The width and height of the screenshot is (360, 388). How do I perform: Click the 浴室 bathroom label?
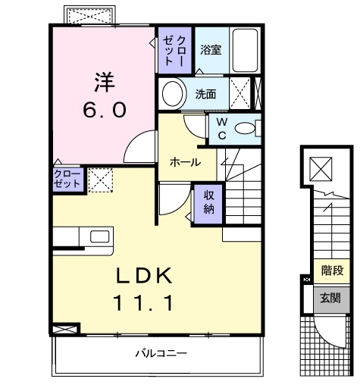(x=211, y=50)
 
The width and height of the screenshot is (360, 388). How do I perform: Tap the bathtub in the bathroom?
(x=245, y=51)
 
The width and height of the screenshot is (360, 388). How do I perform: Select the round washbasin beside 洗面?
(x=173, y=94)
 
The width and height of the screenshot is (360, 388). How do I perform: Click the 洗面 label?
(x=205, y=94)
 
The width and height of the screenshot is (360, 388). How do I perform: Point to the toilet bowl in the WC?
(x=245, y=128)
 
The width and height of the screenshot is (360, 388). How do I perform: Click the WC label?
(x=222, y=129)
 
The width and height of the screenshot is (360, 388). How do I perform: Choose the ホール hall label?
(x=185, y=162)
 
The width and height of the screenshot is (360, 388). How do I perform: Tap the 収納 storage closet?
(x=208, y=204)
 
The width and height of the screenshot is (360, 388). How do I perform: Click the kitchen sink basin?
(x=100, y=236)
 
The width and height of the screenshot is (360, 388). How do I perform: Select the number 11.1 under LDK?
(x=143, y=303)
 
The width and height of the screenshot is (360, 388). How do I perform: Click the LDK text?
(x=144, y=275)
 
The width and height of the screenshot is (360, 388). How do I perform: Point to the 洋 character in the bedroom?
(x=105, y=82)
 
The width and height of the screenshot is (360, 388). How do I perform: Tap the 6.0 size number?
(x=105, y=111)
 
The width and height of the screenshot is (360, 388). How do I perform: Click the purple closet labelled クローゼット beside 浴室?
(x=175, y=51)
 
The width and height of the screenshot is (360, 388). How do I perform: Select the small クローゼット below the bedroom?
(x=68, y=179)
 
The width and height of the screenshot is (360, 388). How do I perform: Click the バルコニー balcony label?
(x=161, y=353)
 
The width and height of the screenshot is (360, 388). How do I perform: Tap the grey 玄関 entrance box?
(x=332, y=299)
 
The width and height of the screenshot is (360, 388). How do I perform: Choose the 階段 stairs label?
(x=332, y=271)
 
